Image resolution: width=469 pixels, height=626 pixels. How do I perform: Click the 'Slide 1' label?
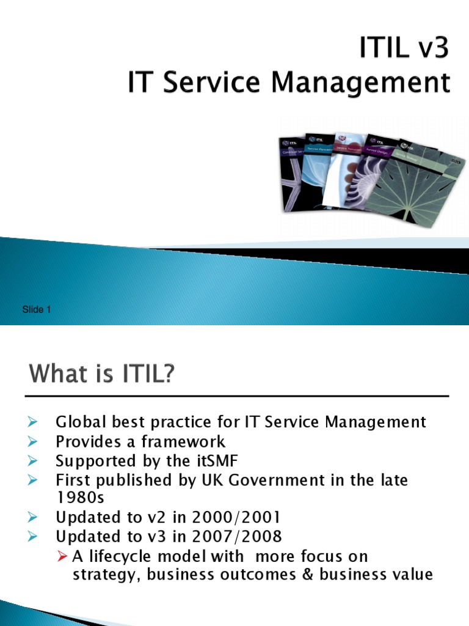(36, 310)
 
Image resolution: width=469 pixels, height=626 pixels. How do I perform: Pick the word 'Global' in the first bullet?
(79, 422)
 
